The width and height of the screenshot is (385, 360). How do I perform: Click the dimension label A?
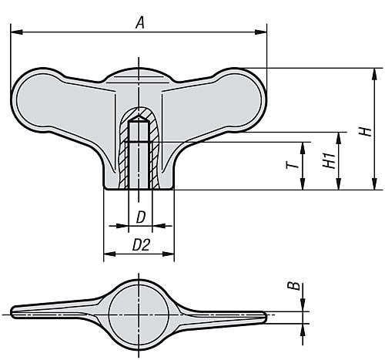tap(139, 23)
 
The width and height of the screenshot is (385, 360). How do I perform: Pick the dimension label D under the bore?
tap(139, 217)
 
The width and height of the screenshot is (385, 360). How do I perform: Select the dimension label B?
tap(293, 287)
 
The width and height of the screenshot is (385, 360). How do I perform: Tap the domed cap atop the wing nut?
tap(139, 75)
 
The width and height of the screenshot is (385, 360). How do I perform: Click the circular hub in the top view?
tap(139, 313)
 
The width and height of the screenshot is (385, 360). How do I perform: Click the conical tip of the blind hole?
tap(139, 119)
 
